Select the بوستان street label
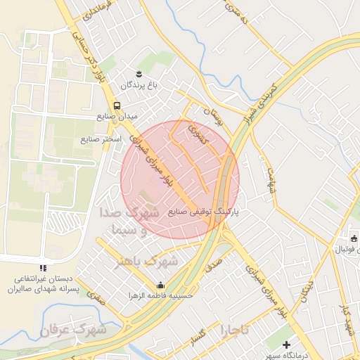[x=212, y=117]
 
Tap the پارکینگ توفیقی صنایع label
[x=205, y=211]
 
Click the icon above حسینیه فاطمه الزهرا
[x=161, y=285]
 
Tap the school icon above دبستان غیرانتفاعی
[x=44, y=268]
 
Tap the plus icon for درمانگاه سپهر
[x=286, y=345]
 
